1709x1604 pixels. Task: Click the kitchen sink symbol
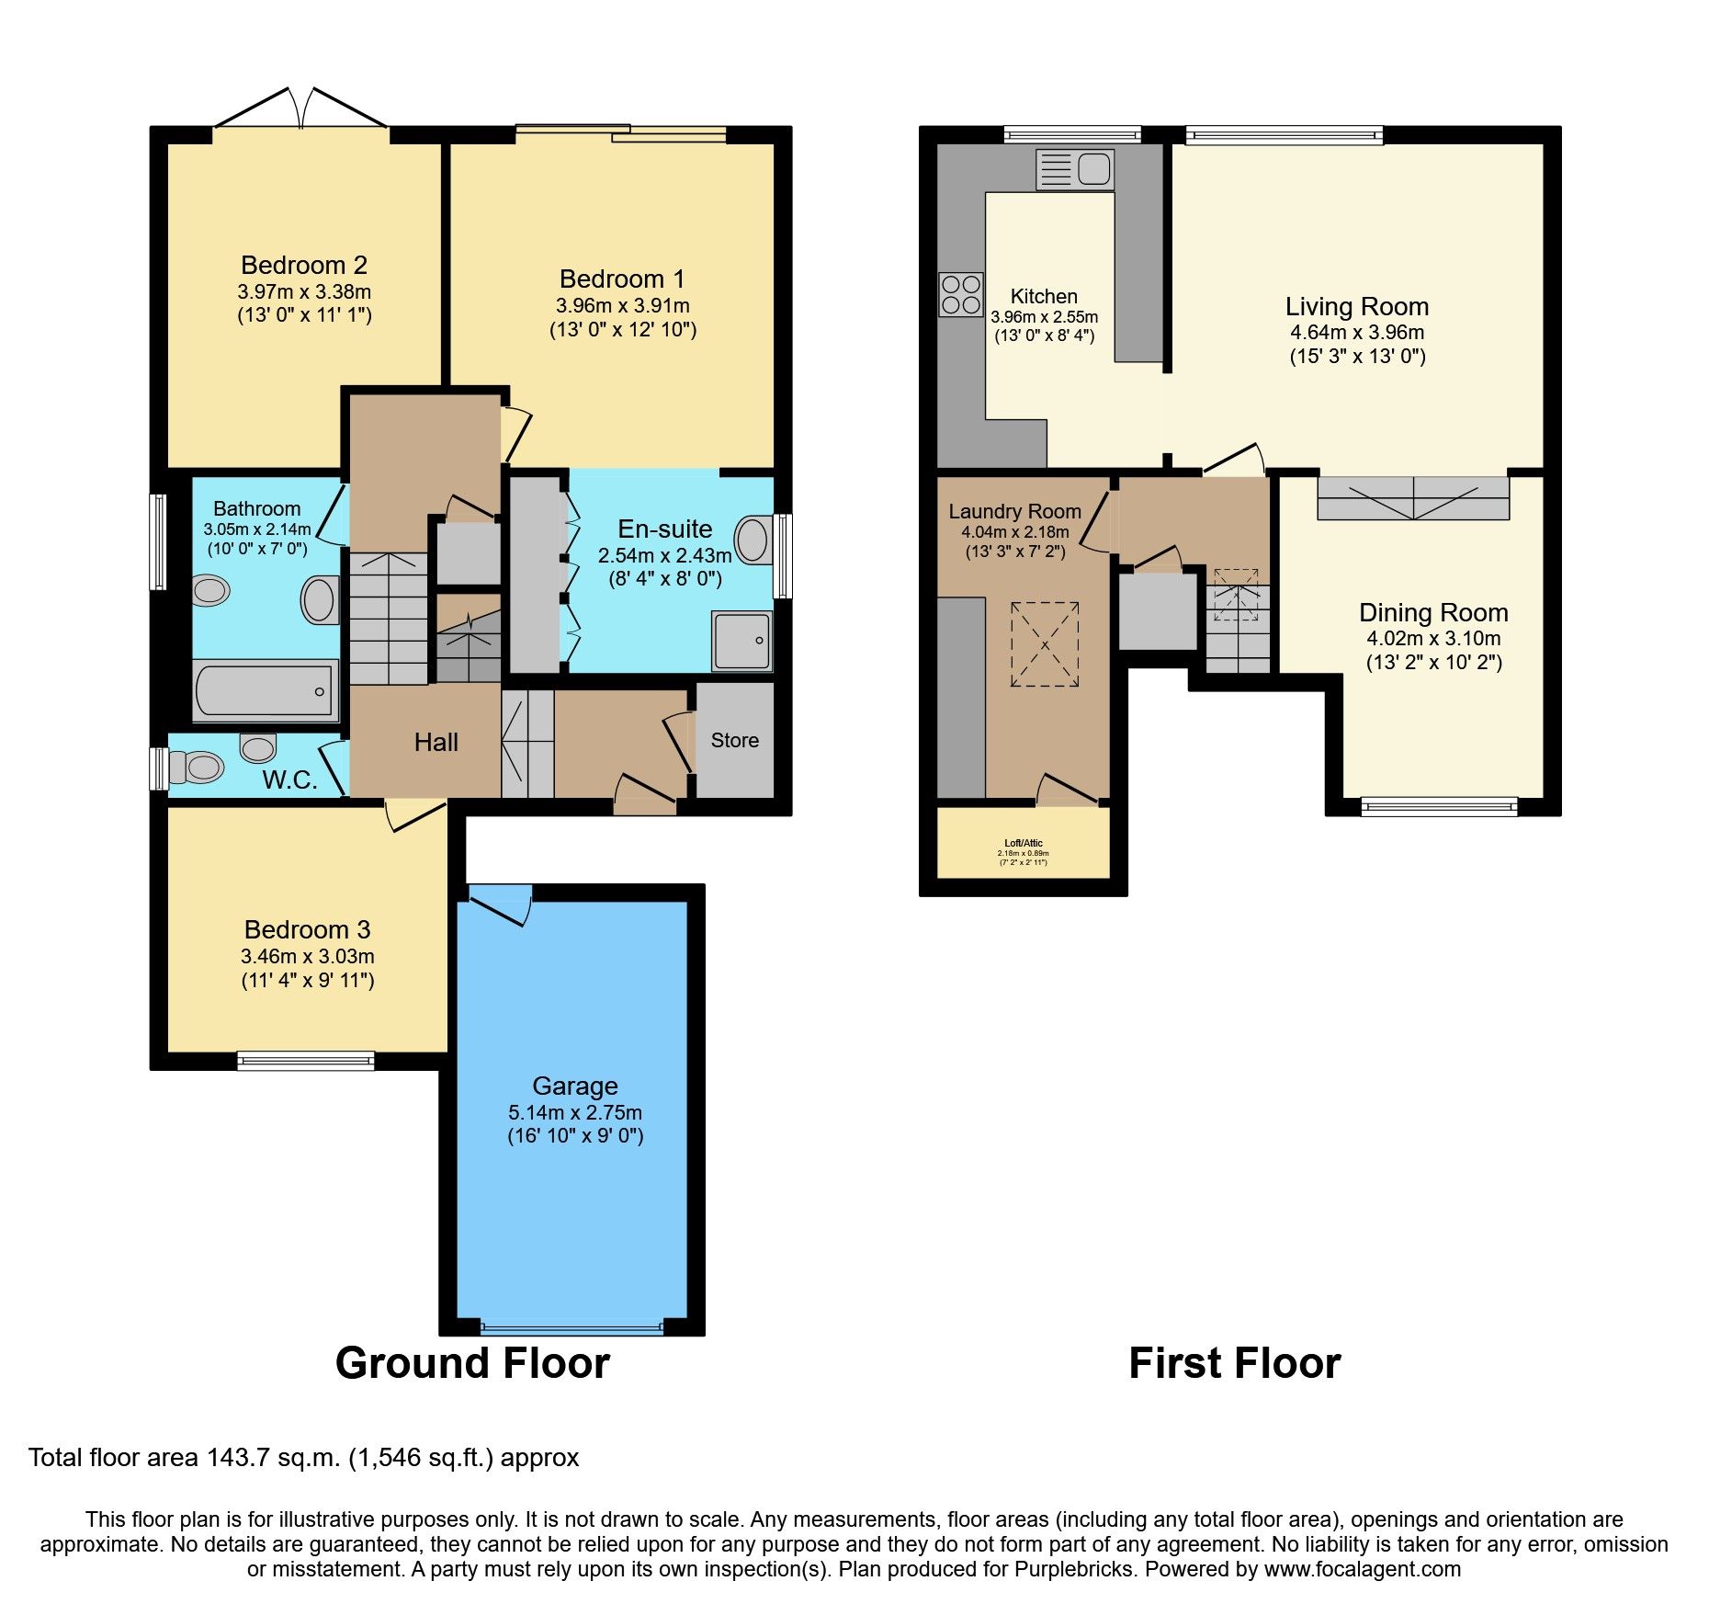(1074, 170)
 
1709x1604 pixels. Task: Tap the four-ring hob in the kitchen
(960, 294)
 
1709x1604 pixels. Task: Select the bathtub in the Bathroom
(266, 691)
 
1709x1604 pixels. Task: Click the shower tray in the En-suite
(741, 641)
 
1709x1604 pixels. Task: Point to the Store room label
(734, 741)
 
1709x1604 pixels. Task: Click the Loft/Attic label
(1023, 843)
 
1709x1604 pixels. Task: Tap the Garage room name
(574, 1086)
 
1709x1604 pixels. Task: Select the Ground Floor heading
(472, 1363)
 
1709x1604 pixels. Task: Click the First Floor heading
(1234, 1363)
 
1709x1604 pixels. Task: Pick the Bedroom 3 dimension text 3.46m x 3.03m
(308, 956)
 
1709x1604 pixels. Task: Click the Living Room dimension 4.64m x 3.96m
(1357, 333)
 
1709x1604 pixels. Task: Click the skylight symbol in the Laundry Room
(1045, 643)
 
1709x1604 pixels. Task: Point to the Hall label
(436, 743)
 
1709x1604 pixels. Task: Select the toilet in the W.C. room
(198, 767)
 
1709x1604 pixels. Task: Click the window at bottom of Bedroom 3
(306, 1061)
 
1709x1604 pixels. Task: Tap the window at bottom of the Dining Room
(1439, 807)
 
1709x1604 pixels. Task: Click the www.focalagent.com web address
(1362, 1569)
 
